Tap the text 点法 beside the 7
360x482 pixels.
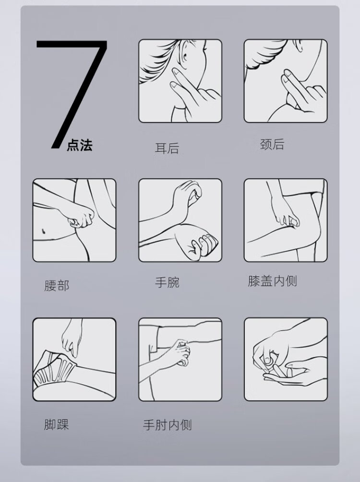(80, 145)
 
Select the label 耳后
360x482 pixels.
(167, 148)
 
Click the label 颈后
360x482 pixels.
(272, 144)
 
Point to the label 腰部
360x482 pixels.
(57, 286)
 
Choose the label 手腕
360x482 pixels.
(167, 282)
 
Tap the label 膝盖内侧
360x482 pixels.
(272, 281)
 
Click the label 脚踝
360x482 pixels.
(57, 424)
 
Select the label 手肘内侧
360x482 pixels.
(167, 425)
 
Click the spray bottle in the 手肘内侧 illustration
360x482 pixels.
(184, 353)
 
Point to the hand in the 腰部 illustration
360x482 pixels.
(80, 215)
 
